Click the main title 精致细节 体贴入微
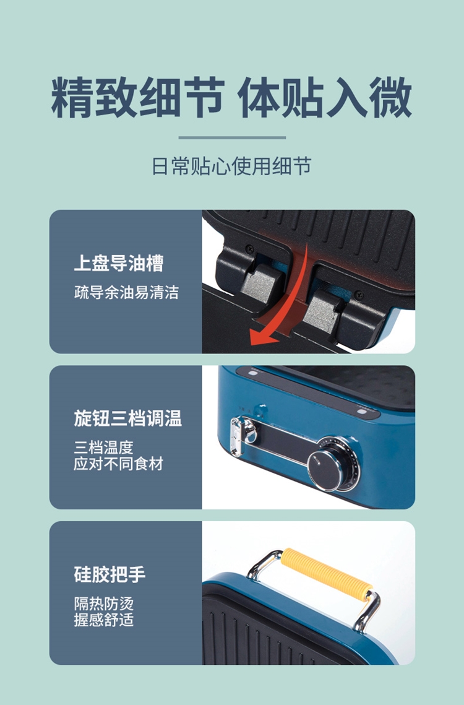click(x=231, y=98)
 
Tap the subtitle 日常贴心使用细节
click(x=231, y=167)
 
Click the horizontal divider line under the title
click(x=232, y=137)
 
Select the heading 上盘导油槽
click(x=119, y=264)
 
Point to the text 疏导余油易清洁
click(x=126, y=293)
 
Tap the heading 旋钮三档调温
click(x=127, y=418)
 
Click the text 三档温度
click(x=103, y=448)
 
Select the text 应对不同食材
click(x=118, y=464)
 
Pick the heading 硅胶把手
click(x=110, y=574)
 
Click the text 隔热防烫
click(x=103, y=603)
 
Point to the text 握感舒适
click(x=103, y=620)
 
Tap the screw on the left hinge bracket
click(x=249, y=248)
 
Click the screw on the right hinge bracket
click(x=358, y=295)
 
